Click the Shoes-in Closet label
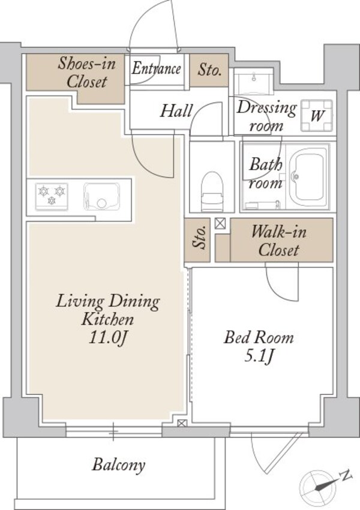pyautogui.click(x=87, y=72)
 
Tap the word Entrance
pyautogui.click(x=156, y=68)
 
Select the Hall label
pyautogui.click(x=176, y=110)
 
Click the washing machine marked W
pyautogui.click(x=317, y=115)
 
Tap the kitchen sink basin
pyautogui.click(x=102, y=196)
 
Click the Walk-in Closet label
pyautogui.click(x=278, y=241)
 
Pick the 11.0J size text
pyautogui.click(x=107, y=338)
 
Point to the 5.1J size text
pyautogui.click(x=259, y=356)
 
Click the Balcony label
pyautogui.click(x=118, y=465)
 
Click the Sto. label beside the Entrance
pyautogui.click(x=210, y=70)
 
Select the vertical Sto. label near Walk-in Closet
pyautogui.click(x=200, y=238)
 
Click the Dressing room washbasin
pyautogui.click(x=253, y=83)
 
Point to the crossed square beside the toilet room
pyautogui.click(x=220, y=223)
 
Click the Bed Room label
pyautogui.click(x=259, y=338)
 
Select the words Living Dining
pyautogui.click(x=107, y=302)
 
